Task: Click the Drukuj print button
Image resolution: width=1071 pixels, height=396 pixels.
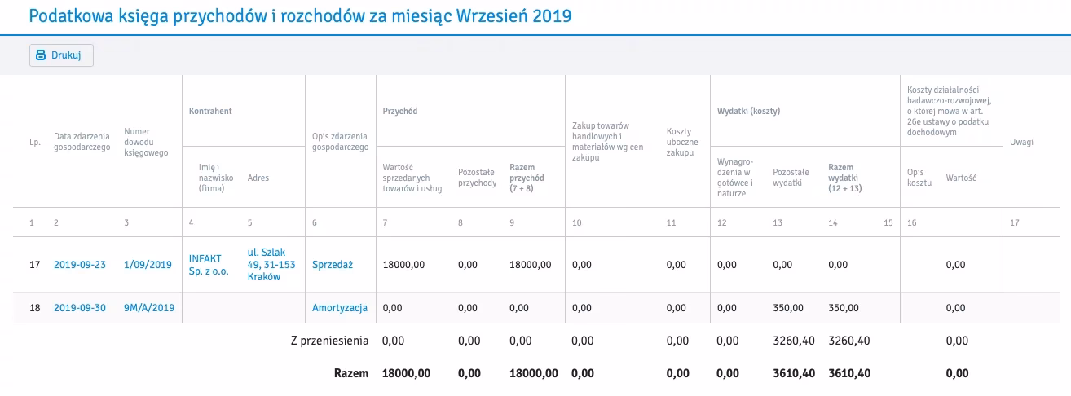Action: (62, 55)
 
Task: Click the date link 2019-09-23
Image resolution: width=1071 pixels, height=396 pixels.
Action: (80, 265)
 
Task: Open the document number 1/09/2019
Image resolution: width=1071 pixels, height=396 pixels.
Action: (148, 265)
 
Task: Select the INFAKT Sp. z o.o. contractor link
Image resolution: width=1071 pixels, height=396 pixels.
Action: (205, 265)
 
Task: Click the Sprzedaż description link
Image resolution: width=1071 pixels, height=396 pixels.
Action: (333, 265)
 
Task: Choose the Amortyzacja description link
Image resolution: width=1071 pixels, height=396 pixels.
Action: (340, 308)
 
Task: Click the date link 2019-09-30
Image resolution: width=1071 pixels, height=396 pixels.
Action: (80, 308)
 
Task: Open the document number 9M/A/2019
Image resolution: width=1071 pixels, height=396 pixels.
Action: (149, 308)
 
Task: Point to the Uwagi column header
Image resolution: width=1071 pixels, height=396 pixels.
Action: (1021, 142)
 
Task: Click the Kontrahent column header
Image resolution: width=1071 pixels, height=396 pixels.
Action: (210, 111)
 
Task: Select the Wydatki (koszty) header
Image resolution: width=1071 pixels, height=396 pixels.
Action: (749, 111)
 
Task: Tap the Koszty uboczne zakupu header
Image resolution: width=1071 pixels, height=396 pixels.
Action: (682, 142)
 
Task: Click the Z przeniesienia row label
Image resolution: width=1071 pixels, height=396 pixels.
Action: (329, 341)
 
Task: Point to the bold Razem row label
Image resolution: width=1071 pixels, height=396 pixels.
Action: (352, 374)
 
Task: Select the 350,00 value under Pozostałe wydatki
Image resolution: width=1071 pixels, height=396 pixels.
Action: (788, 308)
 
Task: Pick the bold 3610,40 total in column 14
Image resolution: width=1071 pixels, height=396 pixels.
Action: (849, 374)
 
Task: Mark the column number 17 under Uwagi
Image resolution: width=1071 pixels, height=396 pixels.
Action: (1015, 222)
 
